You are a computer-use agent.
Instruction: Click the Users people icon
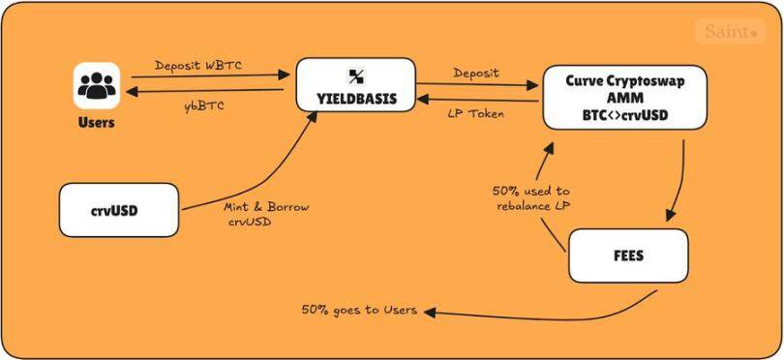click(x=96, y=85)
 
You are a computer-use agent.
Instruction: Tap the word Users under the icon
click(x=96, y=123)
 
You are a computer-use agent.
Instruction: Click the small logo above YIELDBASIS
click(x=355, y=75)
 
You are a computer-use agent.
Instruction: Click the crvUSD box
click(x=119, y=210)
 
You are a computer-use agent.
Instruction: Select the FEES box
click(x=628, y=256)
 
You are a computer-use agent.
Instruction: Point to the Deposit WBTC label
click(x=198, y=66)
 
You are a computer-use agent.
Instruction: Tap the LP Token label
click(x=475, y=113)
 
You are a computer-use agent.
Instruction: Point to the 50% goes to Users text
click(x=359, y=311)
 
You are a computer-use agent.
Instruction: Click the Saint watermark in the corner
click(x=729, y=32)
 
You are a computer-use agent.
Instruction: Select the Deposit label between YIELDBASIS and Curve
click(x=476, y=73)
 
